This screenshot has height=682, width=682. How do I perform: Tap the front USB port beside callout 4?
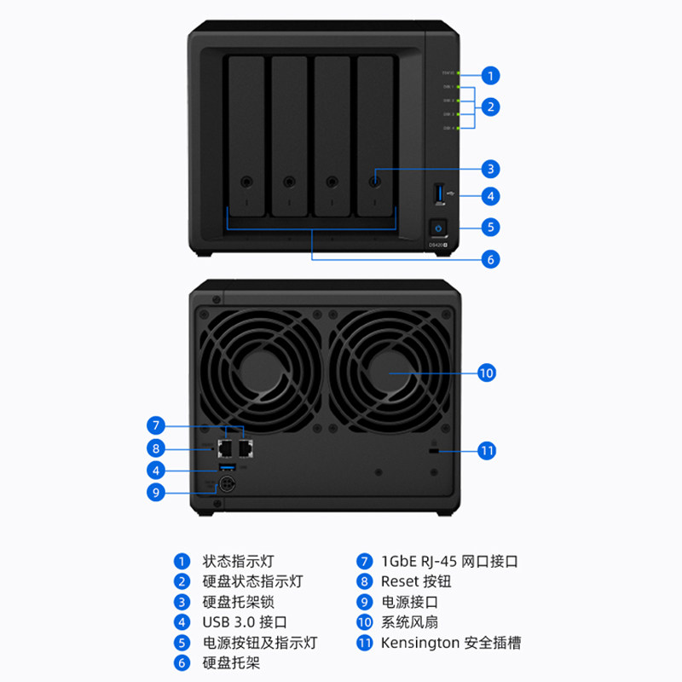pyautogui.click(x=439, y=194)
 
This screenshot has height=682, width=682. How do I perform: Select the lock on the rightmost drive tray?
pyautogui.click(x=375, y=181)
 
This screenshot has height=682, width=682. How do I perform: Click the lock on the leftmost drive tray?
pyautogui.click(x=246, y=181)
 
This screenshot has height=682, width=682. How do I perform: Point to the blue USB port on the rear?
pyautogui.click(x=227, y=468)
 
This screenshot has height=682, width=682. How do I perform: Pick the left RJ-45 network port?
pyautogui.click(x=226, y=445)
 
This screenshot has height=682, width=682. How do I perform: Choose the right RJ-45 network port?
pyautogui.click(x=246, y=445)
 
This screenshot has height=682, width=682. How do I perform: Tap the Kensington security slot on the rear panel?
pyautogui.click(x=433, y=449)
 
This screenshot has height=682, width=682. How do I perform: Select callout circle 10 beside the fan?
pyautogui.click(x=486, y=373)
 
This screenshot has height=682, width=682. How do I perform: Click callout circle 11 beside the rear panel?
pyautogui.click(x=486, y=450)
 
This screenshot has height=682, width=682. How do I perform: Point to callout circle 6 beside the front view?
pyautogui.click(x=490, y=258)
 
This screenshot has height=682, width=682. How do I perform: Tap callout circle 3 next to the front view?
pyautogui.click(x=490, y=169)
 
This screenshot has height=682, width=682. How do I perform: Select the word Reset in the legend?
pyautogui.click(x=401, y=581)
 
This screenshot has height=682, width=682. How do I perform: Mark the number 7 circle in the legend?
pyautogui.click(x=365, y=562)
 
